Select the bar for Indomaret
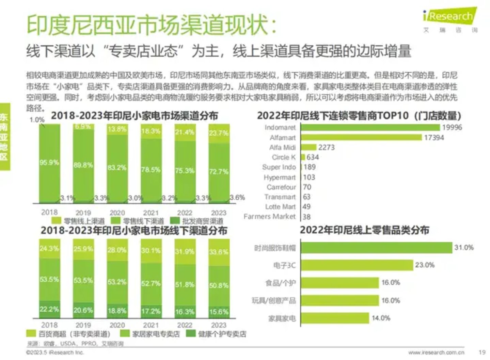(x=370, y=128)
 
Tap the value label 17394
(x=434, y=138)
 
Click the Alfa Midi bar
(x=309, y=147)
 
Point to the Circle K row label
(x=284, y=157)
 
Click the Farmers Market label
(x=270, y=217)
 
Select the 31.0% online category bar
(x=376, y=248)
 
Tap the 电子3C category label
(x=284, y=265)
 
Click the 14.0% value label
(x=381, y=318)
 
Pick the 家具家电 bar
(x=335, y=318)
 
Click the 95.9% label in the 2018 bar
(x=49, y=163)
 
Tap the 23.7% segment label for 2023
(x=219, y=133)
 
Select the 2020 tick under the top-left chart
(x=117, y=213)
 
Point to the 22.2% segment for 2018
(x=49, y=310)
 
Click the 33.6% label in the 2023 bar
(x=219, y=252)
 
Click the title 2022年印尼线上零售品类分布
(x=364, y=230)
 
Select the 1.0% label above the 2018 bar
(x=37, y=120)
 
